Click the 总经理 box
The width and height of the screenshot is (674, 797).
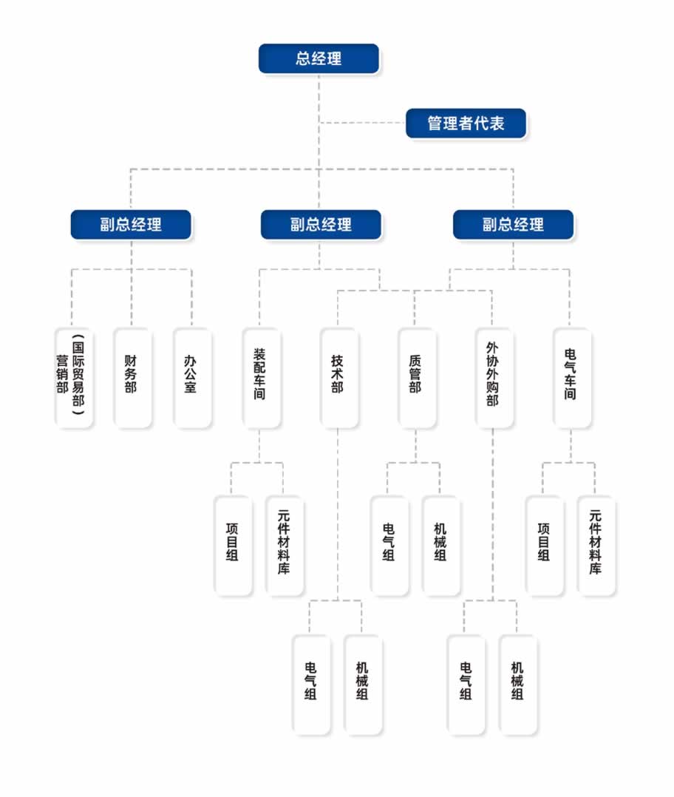coord(319,58)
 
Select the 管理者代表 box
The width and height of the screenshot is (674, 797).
coord(466,123)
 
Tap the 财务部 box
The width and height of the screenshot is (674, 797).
coord(132,377)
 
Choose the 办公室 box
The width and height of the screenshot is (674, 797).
coord(191,377)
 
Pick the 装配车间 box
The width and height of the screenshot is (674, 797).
coord(260,377)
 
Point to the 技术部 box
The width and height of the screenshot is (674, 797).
coord(338,377)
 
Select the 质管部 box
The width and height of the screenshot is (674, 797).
coord(415,377)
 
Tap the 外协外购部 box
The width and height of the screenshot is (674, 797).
coord(493,377)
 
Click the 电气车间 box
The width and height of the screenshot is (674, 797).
coord(571,377)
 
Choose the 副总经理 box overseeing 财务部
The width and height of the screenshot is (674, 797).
coord(131,225)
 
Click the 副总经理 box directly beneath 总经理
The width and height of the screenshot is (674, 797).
coord(321,225)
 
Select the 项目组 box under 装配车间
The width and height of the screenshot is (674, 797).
coord(232,545)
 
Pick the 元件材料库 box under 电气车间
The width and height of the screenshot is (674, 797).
coord(595,545)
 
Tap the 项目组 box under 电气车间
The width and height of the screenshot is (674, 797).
coord(544,545)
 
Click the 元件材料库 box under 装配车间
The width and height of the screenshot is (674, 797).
coord(284,545)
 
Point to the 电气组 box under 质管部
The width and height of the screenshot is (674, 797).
coord(389,545)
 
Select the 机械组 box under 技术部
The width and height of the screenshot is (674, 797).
coord(363,684)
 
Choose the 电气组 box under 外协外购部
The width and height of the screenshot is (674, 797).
coord(466,684)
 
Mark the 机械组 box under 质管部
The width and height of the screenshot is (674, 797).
coord(440,545)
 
